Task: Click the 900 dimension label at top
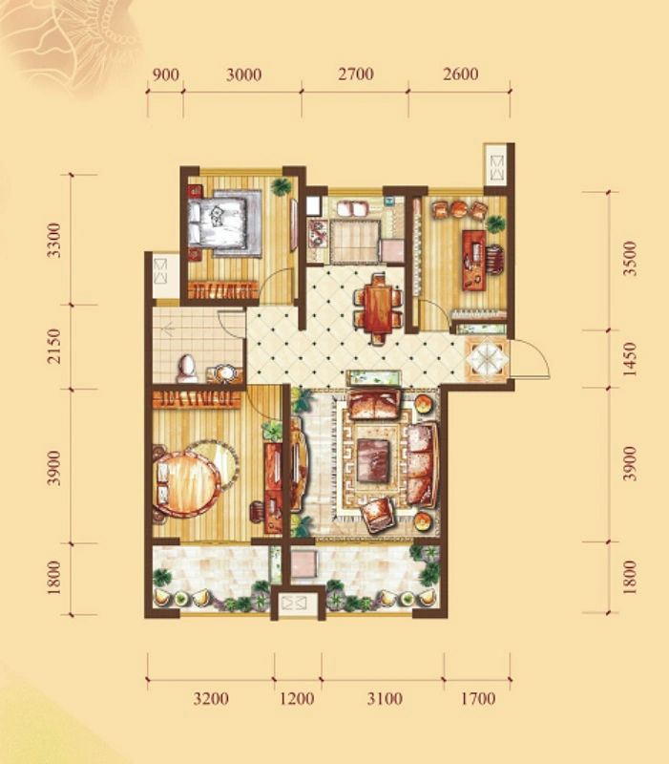coord(165,75)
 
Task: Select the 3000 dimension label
coord(243,75)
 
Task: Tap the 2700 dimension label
coord(356,74)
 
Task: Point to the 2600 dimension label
coord(461,74)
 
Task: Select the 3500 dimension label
coord(630,258)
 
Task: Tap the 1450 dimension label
coord(630,359)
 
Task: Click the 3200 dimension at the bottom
coord(211,699)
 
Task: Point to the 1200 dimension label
coord(297,699)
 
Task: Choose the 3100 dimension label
coord(385,699)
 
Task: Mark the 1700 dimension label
coord(477,699)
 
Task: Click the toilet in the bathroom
coord(186,369)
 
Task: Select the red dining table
coord(379,308)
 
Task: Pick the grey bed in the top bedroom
coord(225,223)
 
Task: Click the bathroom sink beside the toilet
coord(225,372)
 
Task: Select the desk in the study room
coord(474,258)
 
